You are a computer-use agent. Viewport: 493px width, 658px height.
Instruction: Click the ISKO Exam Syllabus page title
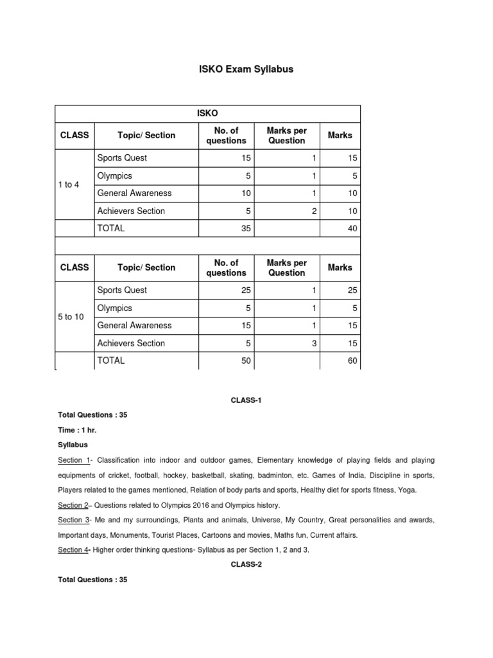[x=246, y=69]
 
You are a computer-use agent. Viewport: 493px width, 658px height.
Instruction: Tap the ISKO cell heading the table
[x=207, y=114]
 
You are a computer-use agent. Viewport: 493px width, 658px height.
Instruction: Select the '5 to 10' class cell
[x=71, y=317]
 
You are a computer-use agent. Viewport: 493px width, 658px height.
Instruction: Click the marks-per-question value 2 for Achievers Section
[x=314, y=211]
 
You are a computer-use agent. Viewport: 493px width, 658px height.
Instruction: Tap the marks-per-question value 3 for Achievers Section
[x=314, y=343]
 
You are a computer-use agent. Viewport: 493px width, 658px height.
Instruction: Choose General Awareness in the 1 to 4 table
[x=134, y=193]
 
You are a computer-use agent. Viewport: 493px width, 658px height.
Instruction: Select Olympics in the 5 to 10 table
[x=114, y=308]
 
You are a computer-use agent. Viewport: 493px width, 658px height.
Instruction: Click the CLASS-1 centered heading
[x=246, y=400]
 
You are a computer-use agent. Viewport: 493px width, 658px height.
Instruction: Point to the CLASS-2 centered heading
[x=246, y=564]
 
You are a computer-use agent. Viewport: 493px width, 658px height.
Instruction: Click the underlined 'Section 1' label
[x=73, y=460]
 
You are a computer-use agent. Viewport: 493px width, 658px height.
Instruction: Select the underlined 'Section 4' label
[x=73, y=549]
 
